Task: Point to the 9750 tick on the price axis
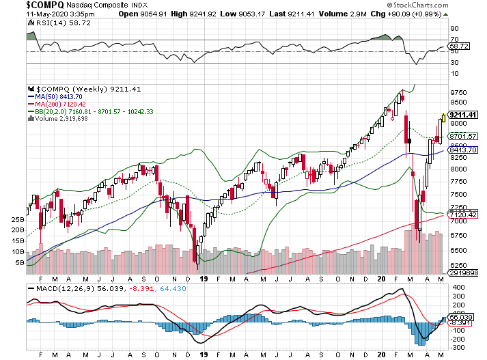click(458, 92)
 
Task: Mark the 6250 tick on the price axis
click(458, 266)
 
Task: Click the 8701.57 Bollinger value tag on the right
click(461, 137)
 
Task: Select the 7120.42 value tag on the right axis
click(461, 214)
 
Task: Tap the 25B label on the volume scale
click(17, 220)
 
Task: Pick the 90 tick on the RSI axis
click(454, 29)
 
